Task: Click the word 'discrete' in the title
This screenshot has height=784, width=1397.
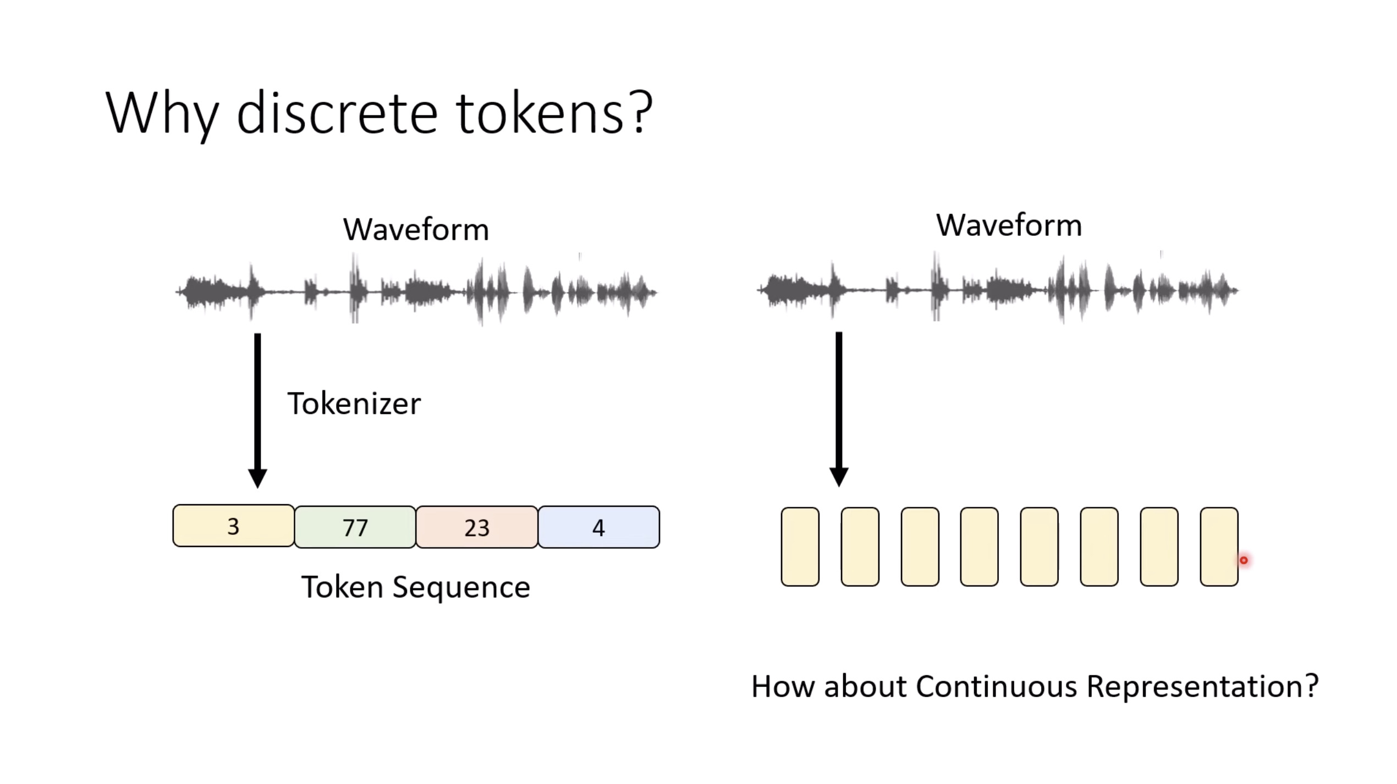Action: tap(337, 114)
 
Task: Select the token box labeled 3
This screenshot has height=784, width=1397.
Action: tap(233, 526)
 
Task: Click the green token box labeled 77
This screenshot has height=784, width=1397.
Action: tap(355, 527)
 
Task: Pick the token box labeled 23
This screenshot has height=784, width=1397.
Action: tap(477, 527)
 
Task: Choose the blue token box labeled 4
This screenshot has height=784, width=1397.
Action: tap(598, 527)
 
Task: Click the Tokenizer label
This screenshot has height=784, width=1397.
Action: tap(354, 404)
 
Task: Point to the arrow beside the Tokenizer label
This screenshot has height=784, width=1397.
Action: tap(257, 410)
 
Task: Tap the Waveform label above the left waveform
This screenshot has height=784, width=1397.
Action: tap(416, 229)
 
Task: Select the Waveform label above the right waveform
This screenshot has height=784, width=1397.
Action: tap(1009, 225)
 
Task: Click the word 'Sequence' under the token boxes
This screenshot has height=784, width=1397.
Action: tap(461, 587)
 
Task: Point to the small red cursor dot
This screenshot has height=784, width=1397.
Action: tap(1244, 560)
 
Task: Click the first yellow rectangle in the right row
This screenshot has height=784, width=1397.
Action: tap(800, 547)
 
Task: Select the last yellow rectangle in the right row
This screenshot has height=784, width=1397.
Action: tap(1219, 547)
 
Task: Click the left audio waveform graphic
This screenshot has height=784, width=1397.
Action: tap(416, 291)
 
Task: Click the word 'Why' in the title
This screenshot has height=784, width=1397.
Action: tap(162, 114)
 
